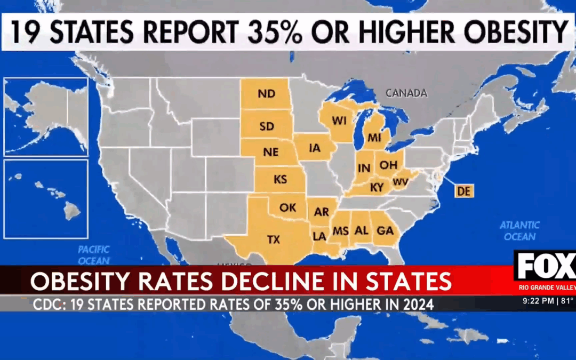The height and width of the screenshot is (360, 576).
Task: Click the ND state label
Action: (266, 94)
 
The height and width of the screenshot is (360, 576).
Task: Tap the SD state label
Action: (267, 127)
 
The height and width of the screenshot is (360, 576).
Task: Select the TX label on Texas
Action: (273, 240)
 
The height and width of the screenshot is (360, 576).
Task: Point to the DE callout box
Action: (464, 191)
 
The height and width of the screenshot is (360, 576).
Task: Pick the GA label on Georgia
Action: (385, 230)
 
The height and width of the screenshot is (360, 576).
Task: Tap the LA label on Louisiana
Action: (320, 235)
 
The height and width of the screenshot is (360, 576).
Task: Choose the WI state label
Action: (339, 121)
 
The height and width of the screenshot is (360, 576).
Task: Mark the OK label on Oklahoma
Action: (287, 207)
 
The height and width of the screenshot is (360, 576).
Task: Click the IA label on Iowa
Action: (315, 149)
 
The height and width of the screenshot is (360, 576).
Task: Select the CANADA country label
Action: (406, 93)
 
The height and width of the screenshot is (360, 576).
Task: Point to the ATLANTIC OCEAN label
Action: (519, 230)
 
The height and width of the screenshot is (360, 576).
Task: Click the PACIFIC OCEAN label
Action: (94, 255)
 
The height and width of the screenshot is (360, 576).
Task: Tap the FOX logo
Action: (544, 266)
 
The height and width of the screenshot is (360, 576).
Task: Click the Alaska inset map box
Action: (46, 117)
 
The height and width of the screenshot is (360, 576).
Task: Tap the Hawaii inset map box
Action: (46, 199)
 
